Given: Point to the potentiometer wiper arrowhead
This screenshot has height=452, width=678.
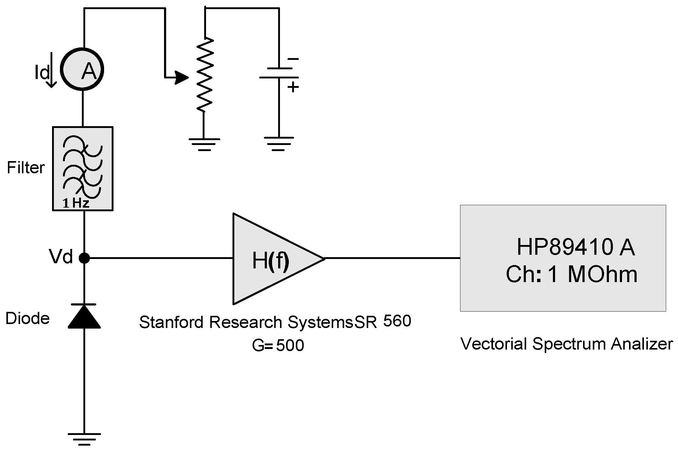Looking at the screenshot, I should point(182,78).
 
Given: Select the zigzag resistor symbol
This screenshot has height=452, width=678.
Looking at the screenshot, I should point(204,74).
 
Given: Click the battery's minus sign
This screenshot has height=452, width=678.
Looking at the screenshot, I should point(293,59).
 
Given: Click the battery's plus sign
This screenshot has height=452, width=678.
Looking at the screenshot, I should point(293,87).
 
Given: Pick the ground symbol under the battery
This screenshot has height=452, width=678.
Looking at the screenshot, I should point(278,143).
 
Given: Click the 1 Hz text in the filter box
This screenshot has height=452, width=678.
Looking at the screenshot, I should point(75,203).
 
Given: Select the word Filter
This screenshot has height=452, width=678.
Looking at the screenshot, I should point(26,167).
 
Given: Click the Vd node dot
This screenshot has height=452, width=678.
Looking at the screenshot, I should point(84,258).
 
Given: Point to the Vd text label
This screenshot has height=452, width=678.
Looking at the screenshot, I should point(61,257).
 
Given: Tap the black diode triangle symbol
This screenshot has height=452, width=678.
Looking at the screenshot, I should point(84,317).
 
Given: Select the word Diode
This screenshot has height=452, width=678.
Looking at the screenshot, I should point(27,318).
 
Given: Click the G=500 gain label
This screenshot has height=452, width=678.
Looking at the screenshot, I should point(278,345).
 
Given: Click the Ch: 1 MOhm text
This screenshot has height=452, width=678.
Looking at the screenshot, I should point(571,274).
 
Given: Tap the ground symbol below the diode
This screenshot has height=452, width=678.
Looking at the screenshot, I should point(84,439).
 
